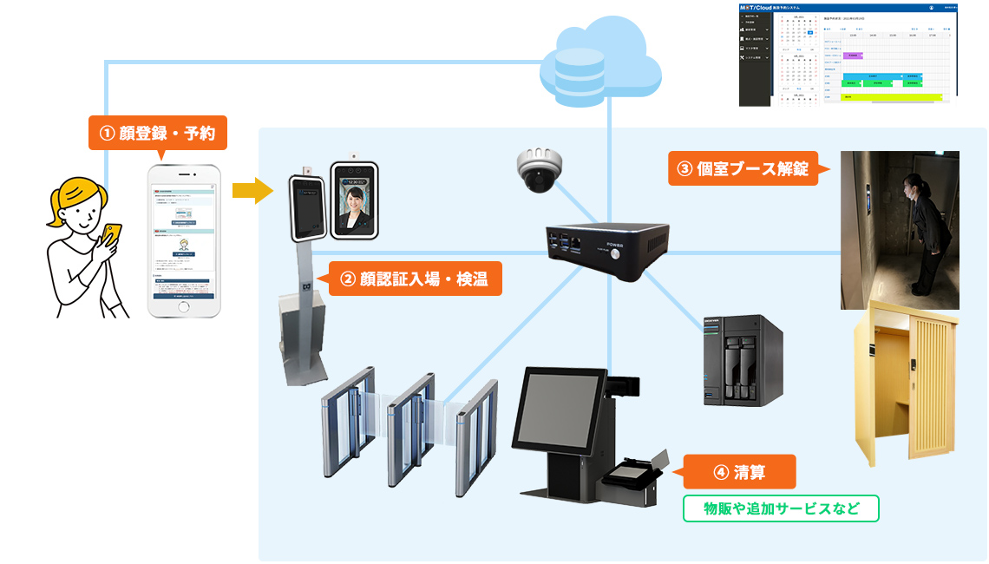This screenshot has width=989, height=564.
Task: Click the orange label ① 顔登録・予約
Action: point(157,134)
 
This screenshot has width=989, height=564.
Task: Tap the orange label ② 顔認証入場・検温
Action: point(415,279)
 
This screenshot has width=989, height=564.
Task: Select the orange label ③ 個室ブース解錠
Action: point(743,167)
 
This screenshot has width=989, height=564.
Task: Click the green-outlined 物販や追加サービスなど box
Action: point(781,508)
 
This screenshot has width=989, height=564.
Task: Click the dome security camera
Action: point(540,169)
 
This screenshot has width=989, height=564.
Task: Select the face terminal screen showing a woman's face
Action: point(355,200)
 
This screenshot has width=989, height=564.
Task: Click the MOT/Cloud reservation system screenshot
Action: point(848,54)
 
